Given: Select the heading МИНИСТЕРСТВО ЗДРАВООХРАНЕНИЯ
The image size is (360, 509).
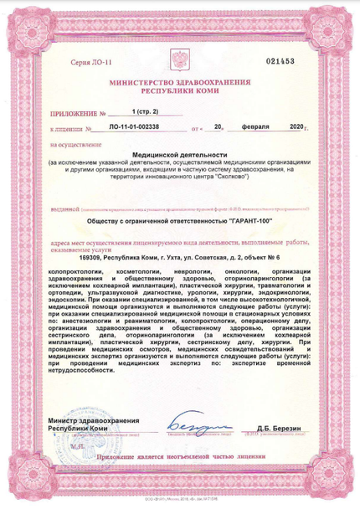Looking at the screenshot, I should coord(179,82).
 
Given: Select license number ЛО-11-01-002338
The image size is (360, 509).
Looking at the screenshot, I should coord(136,129).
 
